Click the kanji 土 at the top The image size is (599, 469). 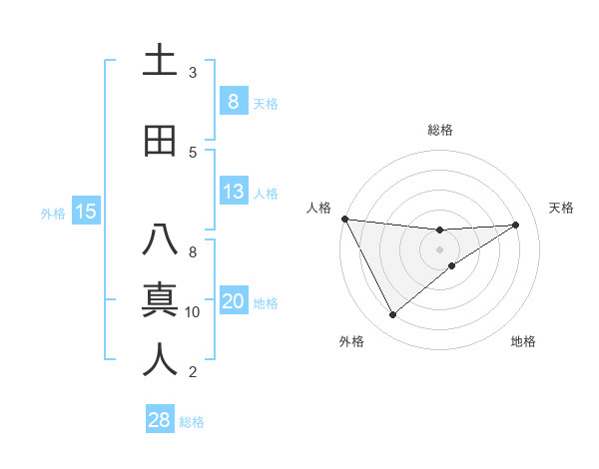(x=160, y=61)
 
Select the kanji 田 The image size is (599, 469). (x=160, y=141)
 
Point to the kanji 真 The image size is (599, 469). (x=160, y=300)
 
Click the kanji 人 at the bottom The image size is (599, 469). (x=160, y=360)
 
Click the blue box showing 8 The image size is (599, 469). (x=233, y=101)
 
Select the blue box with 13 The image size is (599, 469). (x=233, y=191)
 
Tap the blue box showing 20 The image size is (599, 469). (x=233, y=301)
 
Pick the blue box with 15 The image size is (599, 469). (x=85, y=211)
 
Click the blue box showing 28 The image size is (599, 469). (x=159, y=420)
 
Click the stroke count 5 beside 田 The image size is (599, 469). (x=193, y=153)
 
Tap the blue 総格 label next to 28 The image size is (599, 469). (x=192, y=422)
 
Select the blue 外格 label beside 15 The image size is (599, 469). (x=53, y=213)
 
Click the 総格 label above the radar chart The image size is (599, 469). (x=439, y=130)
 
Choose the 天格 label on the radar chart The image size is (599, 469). (x=561, y=208)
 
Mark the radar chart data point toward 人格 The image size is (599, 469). (x=344, y=219)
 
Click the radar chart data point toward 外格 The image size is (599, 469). (x=392, y=315)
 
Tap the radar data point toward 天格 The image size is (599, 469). (x=516, y=225)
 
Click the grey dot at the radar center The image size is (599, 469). (x=439, y=249)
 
